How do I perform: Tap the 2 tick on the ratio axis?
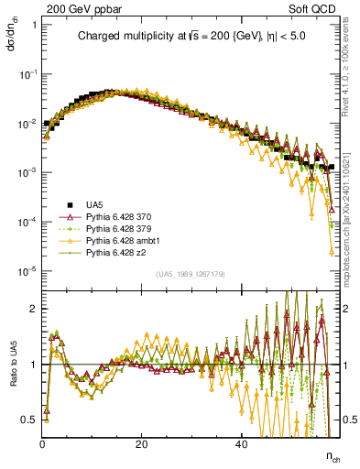35,309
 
